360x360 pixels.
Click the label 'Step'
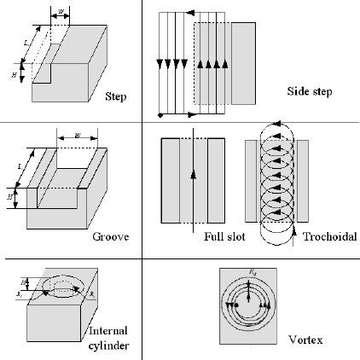click(x=114, y=96)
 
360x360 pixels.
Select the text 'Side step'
click(x=311, y=92)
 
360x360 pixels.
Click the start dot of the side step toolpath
click(x=160, y=114)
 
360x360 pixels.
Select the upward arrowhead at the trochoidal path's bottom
click(x=294, y=229)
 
